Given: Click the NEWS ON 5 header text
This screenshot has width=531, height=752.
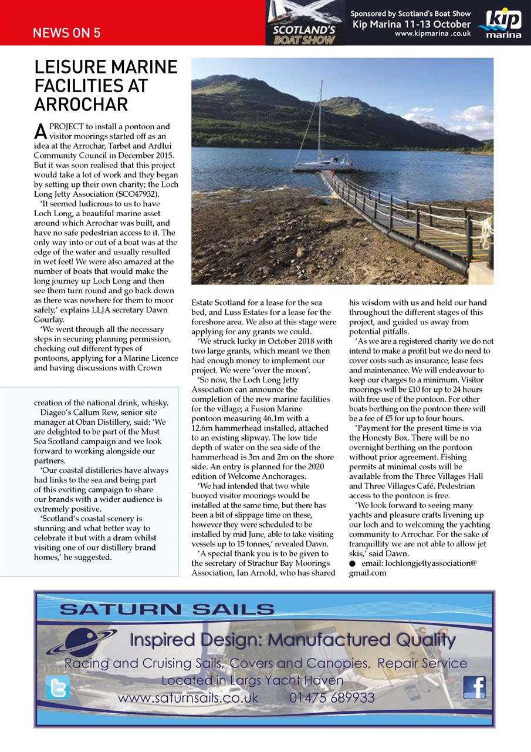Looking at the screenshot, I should click(66, 33).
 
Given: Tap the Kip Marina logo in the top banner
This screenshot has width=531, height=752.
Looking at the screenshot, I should click(499, 23).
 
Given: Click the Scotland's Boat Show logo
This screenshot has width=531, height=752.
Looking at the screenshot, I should click(305, 23).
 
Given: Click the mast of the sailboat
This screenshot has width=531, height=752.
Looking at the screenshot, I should click(320, 117).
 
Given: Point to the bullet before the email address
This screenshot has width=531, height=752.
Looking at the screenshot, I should click(352, 563).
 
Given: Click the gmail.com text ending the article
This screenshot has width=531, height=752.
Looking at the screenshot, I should click(368, 573).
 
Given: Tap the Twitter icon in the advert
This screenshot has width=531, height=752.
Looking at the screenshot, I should click(58, 687).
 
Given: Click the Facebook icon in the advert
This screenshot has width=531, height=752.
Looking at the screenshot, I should click(474, 687).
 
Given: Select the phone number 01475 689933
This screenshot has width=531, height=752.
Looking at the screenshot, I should click(332, 698).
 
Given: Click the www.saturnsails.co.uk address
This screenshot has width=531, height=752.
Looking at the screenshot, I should click(188, 698).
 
